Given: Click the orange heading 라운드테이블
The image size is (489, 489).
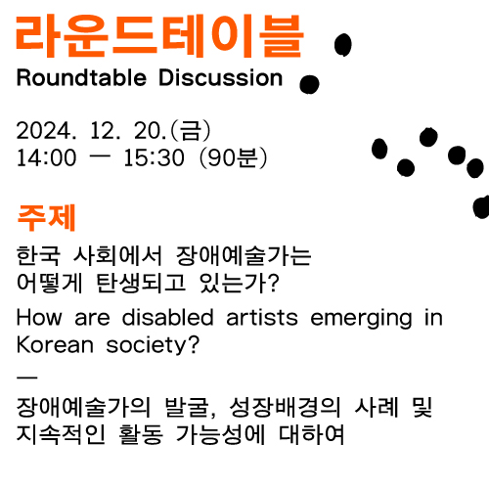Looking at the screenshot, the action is point(159,36).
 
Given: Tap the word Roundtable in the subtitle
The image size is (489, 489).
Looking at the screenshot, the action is point(81,78).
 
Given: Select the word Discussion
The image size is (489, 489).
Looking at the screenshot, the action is point(221,78).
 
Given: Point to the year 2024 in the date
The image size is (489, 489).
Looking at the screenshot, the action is point(44,131).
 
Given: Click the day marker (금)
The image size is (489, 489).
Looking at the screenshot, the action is point(191,131).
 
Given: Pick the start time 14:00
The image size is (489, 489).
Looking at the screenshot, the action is point(46,157).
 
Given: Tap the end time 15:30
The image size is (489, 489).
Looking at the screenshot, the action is point(154,157).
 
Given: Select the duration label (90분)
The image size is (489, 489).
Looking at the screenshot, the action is point(233,157).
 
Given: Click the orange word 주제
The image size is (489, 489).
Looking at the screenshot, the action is point(46,218).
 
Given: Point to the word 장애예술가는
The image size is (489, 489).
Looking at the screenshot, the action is point(244,255).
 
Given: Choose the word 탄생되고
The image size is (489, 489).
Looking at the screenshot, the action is point(141,283).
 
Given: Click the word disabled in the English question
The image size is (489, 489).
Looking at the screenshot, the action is point(168,317).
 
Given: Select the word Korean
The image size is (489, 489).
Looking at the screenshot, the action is point(55,345).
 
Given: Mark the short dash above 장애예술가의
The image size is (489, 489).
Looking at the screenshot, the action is point(27,378).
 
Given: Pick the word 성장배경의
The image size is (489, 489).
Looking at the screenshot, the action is point(285,408).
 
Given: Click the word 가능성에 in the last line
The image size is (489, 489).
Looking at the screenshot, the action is point(220,434).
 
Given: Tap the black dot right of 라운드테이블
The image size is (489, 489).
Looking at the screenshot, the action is point(343,45).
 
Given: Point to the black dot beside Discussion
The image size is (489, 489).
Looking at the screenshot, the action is point(309,84).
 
